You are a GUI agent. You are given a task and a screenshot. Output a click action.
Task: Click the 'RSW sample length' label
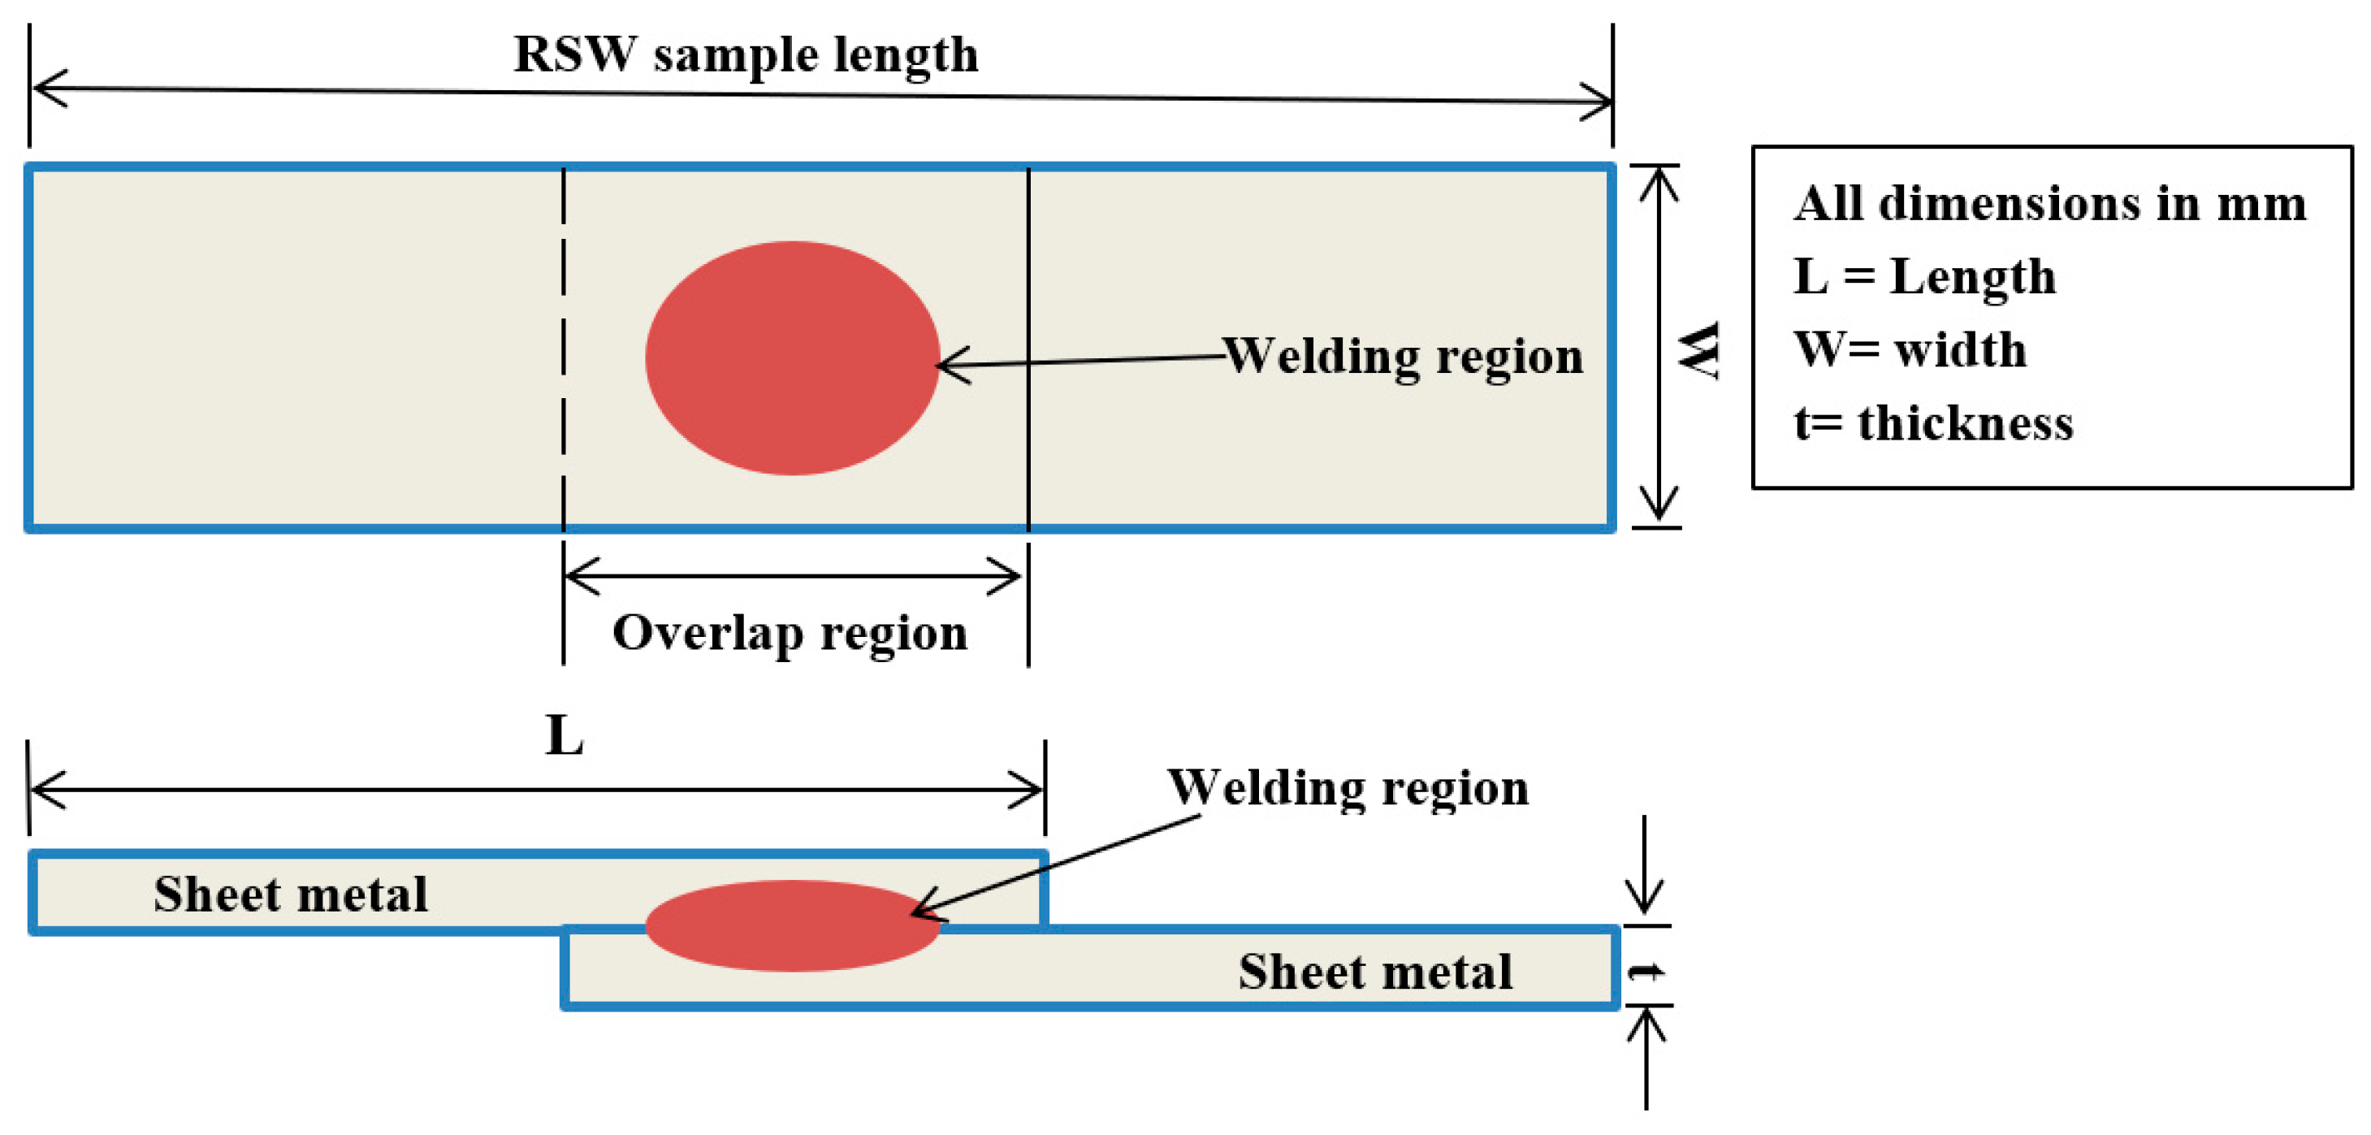[746, 55]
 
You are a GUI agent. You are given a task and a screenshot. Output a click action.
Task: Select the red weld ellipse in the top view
[792, 358]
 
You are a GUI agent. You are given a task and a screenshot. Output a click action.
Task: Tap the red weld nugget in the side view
[792, 925]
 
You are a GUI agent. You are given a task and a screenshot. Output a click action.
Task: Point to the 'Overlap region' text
[790, 634]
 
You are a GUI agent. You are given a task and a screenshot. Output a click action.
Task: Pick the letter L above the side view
[565, 736]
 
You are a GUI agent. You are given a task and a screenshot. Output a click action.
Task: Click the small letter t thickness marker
[1646, 971]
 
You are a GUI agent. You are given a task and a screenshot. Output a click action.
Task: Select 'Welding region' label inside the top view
[1403, 356]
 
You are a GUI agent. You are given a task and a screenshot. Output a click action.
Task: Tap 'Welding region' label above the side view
[1348, 788]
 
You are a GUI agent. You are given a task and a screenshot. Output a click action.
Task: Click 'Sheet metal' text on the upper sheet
[290, 894]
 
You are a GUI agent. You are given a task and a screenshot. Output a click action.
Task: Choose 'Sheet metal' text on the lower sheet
[1375, 972]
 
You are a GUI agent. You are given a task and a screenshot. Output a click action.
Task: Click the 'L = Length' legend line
[1923, 276]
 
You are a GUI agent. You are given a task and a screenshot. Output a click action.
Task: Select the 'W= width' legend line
[1910, 350]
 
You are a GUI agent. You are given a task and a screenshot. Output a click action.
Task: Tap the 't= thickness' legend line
[1933, 423]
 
